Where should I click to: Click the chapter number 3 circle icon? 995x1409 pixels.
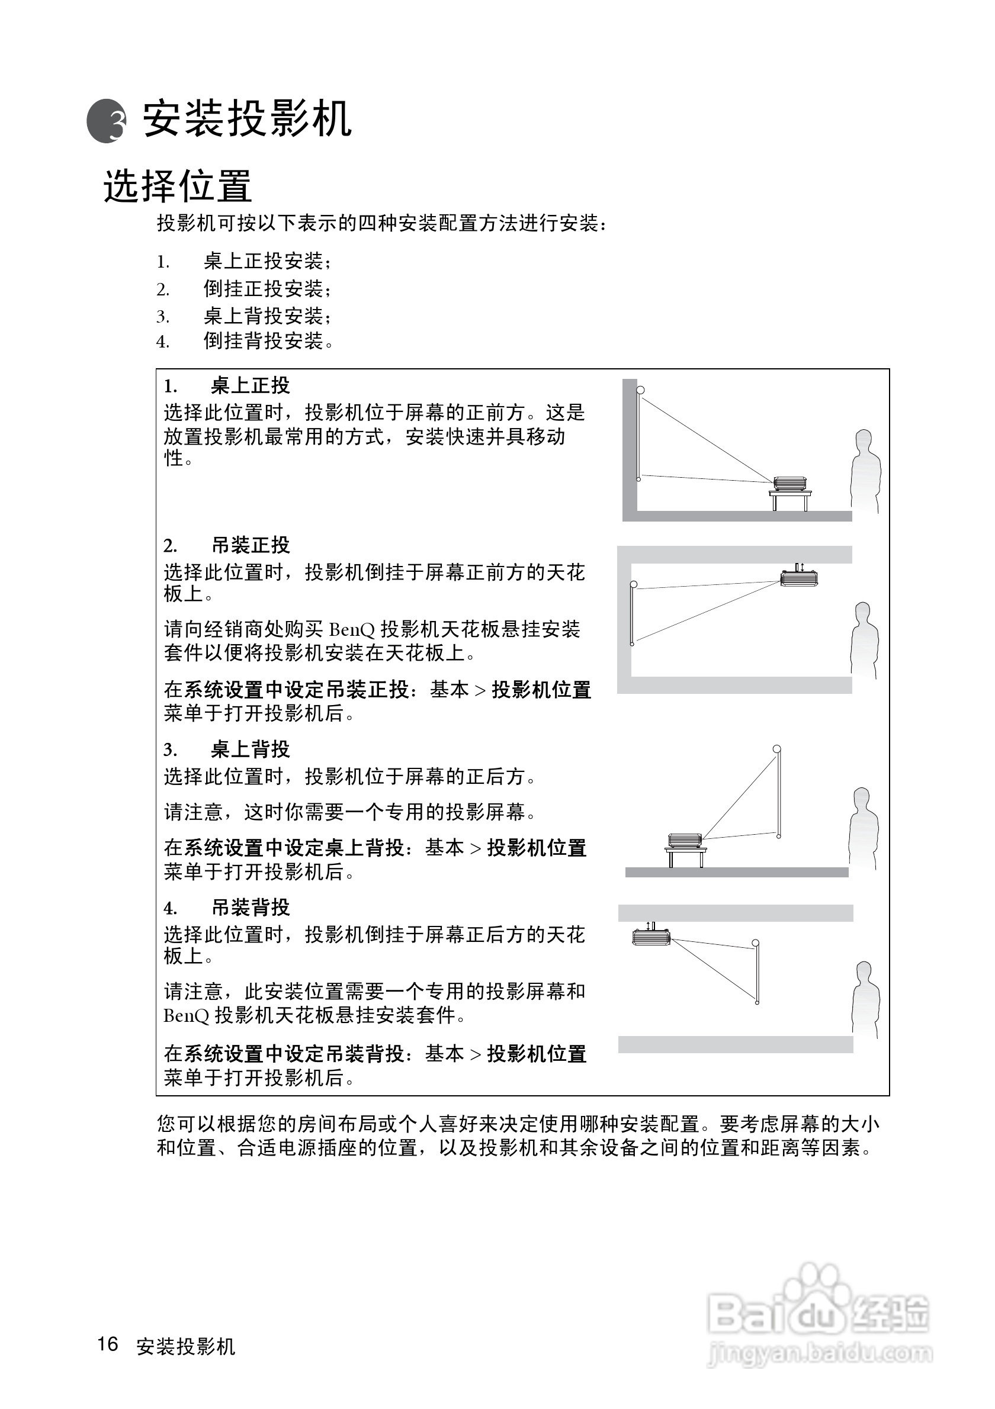pos(107,121)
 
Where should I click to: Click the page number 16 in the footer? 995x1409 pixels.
pos(107,1344)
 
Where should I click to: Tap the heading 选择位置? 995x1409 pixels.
pos(178,186)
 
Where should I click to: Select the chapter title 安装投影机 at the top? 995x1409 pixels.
pos(248,118)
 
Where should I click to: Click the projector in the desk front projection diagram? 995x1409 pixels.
pos(790,484)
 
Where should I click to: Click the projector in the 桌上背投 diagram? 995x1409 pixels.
pos(685,840)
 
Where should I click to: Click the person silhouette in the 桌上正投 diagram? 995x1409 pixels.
pos(865,471)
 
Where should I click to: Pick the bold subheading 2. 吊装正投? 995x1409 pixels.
pos(226,545)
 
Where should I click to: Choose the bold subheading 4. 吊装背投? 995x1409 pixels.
pos(226,907)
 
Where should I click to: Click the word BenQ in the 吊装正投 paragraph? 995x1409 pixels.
pos(352,630)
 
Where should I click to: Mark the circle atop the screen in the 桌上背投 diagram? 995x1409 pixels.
pos(777,749)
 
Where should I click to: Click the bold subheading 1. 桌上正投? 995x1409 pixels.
pos(226,385)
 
